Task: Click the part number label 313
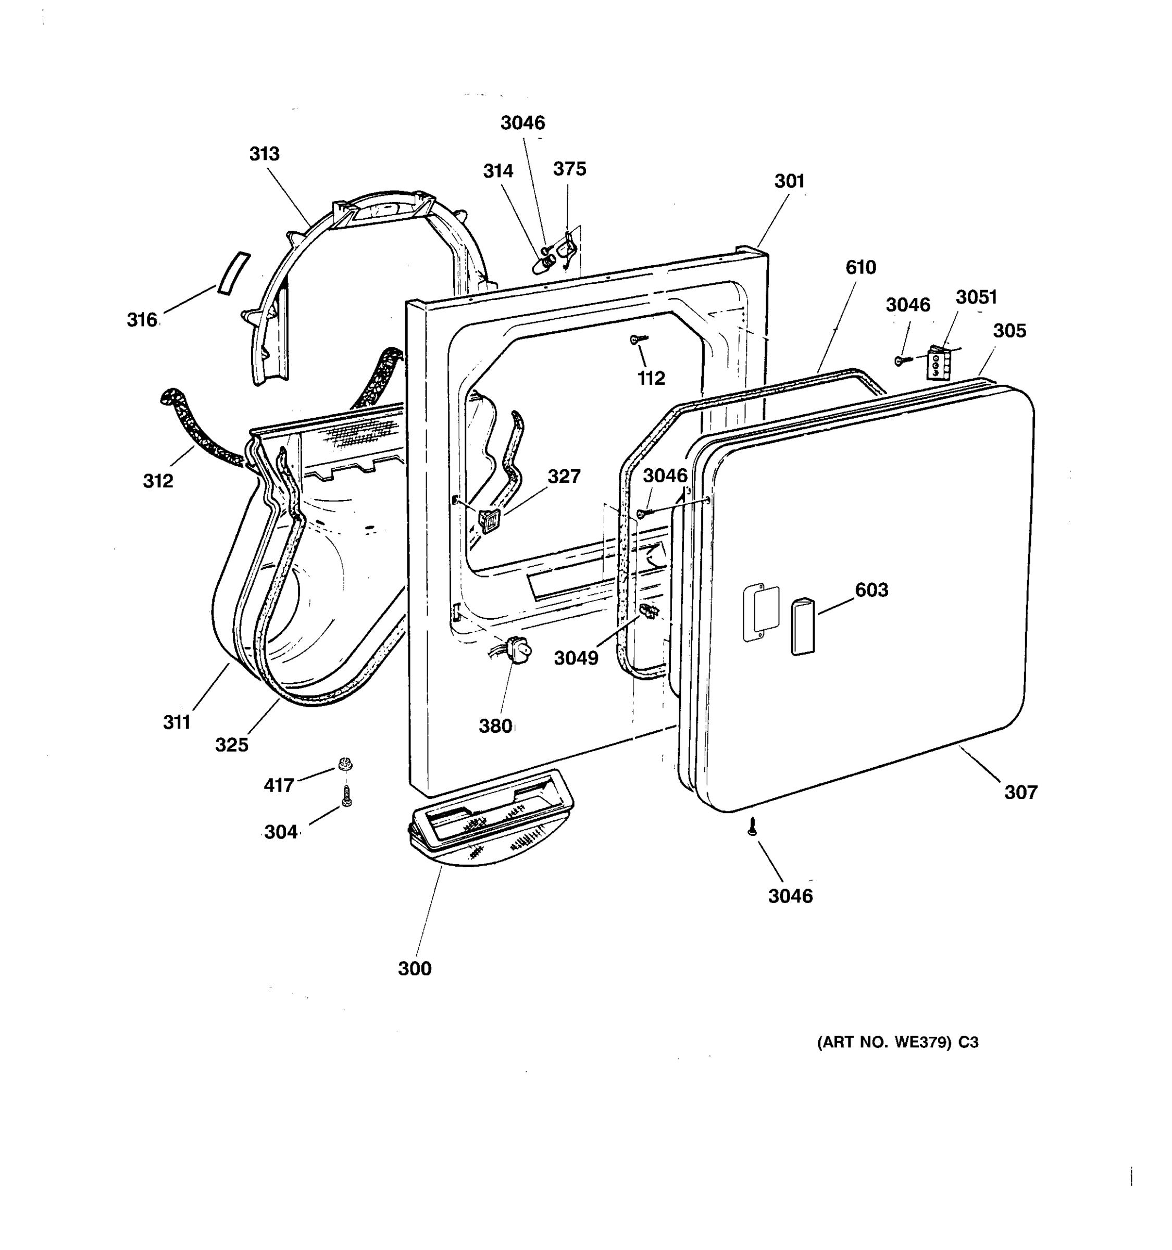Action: click(264, 154)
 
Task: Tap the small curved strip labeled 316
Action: click(233, 273)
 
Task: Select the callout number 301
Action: click(789, 181)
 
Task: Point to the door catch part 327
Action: click(489, 521)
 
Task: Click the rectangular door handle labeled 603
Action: click(802, 627)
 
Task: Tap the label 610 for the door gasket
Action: click(860, 268)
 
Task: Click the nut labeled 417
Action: click(344, 765)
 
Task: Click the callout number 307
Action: click(1020, 792)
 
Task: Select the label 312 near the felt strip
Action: click(158, 481)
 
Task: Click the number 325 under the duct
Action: click(231, 745)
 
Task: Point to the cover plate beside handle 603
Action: click(761, 614)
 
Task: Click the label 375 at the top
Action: click(570, 169)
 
